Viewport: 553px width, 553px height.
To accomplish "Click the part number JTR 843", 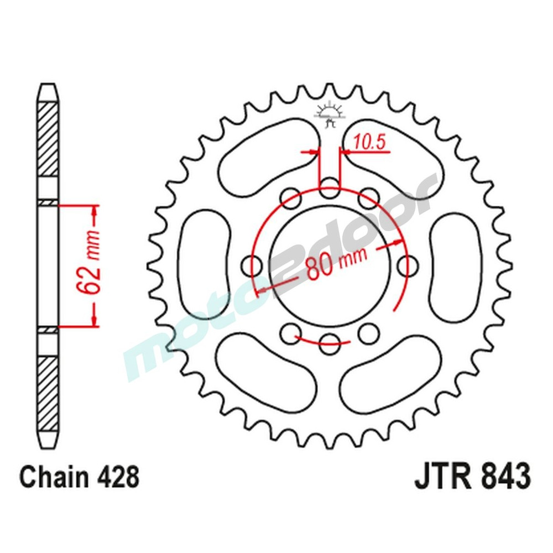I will coord(472,476).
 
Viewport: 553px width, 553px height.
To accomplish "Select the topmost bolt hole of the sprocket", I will coord(330,185).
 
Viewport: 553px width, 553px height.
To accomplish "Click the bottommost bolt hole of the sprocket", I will coord(330,341).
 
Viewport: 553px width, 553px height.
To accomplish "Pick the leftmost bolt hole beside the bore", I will coord(253,263).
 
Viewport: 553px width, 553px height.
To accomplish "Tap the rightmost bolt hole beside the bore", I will coord(408,263).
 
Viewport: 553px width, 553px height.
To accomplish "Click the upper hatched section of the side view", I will coord(48,138).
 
